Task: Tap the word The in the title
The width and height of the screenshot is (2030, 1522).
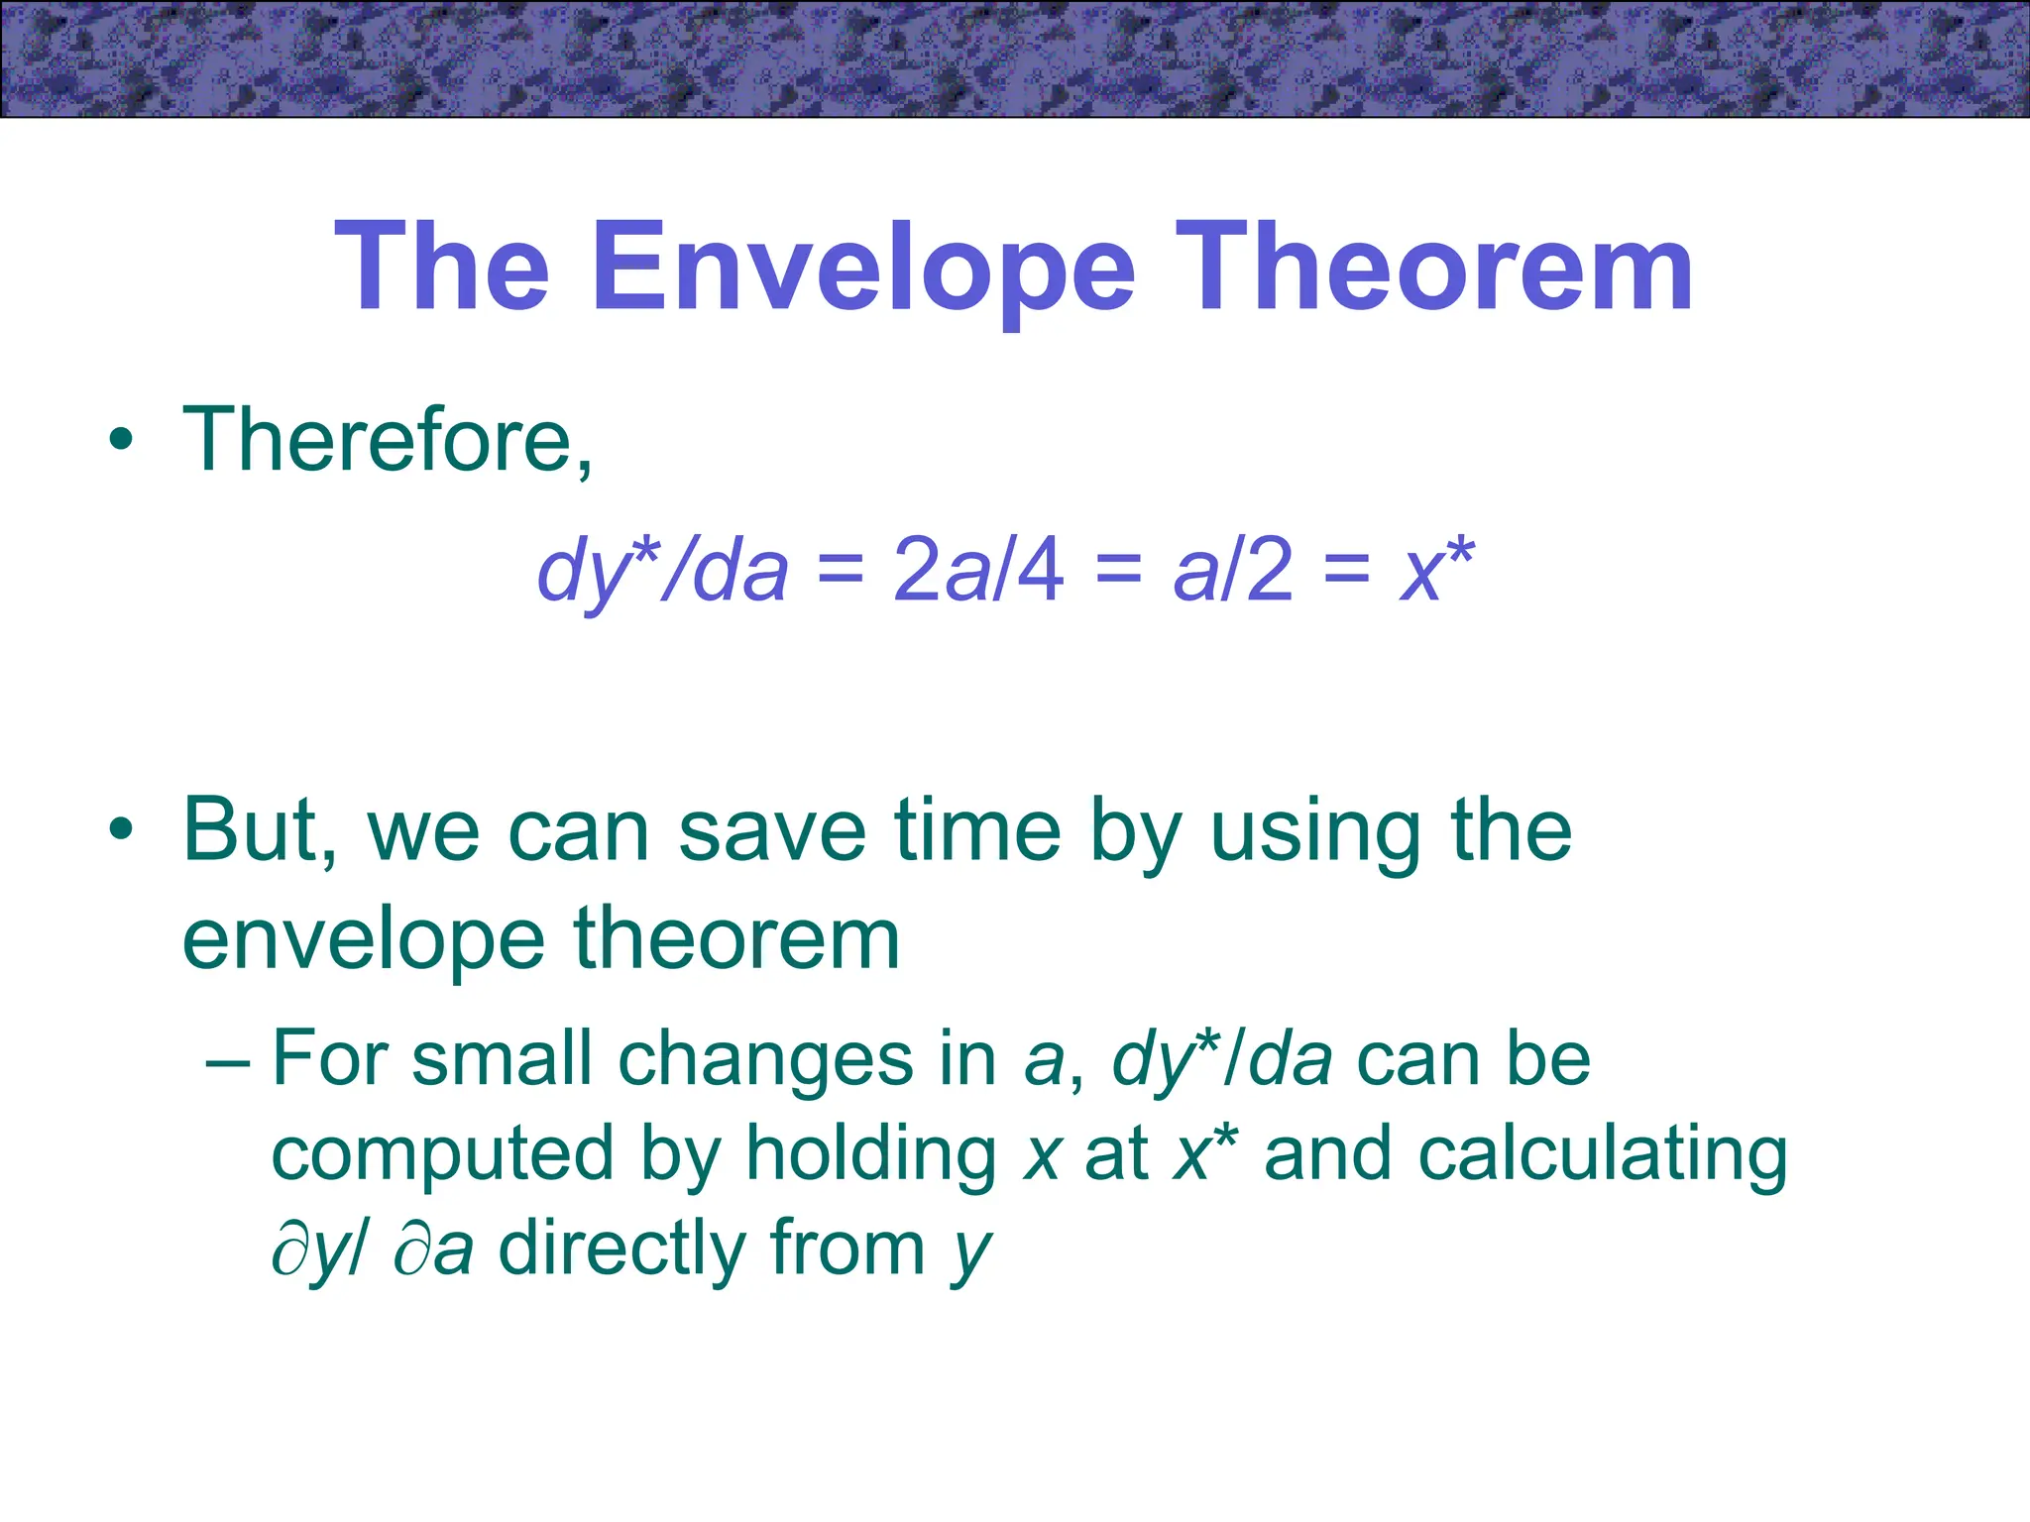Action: point(442,268)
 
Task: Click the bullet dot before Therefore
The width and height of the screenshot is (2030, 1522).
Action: point(121,441)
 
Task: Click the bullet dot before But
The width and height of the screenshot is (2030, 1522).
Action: point(121,830)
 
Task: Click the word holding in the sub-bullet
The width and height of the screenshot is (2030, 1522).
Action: point(871,1154)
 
